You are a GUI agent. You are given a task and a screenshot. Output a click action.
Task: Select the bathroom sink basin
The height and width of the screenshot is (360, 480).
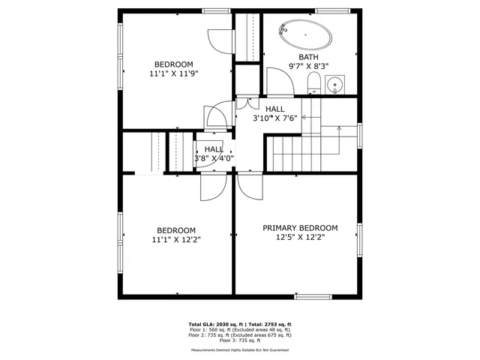335,83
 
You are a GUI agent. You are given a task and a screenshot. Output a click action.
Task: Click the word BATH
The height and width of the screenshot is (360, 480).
308,57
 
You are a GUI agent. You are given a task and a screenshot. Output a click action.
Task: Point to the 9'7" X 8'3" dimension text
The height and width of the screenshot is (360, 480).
308,67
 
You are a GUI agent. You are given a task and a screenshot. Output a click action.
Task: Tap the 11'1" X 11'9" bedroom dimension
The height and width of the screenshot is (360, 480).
174,74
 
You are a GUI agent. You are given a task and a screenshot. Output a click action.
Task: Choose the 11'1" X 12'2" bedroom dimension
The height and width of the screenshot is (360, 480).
175,240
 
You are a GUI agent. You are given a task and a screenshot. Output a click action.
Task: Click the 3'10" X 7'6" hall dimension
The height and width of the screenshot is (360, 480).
274,118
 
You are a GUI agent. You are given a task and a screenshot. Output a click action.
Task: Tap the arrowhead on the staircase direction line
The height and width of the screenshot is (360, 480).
340,129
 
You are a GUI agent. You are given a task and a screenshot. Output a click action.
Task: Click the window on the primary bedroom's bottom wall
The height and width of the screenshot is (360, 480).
313,295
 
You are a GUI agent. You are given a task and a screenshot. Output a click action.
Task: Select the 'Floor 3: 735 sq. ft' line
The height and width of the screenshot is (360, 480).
239,340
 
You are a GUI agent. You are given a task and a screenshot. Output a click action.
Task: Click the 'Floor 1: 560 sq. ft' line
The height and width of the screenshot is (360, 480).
239,330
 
